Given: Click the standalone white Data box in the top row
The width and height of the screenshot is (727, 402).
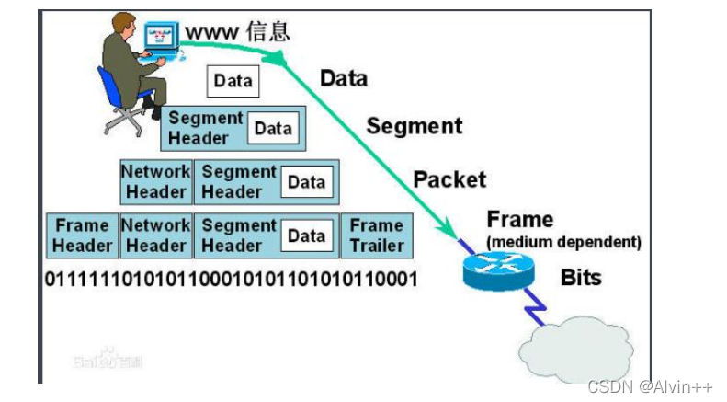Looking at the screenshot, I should (x=233, y=80).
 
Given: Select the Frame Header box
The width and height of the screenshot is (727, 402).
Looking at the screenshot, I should (x=82, y=235).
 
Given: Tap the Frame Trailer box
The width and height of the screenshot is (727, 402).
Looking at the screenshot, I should (x=376, y=235).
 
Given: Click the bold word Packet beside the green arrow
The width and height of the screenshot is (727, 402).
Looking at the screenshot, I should (x=449, y=179).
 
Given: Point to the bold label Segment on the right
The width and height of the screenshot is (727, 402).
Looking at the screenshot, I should (x=415, y=125).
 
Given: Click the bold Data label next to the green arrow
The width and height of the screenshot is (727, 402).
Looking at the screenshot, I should (x=344, y=78).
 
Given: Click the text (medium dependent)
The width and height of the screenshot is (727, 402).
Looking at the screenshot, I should (x=563, y=242).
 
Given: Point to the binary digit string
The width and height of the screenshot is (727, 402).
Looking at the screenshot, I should (x=231, y=277).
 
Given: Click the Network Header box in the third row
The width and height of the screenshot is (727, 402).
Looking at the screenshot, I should (x=155, y=181).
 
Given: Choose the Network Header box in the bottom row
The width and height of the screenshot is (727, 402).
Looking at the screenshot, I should (x=155, y=235).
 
